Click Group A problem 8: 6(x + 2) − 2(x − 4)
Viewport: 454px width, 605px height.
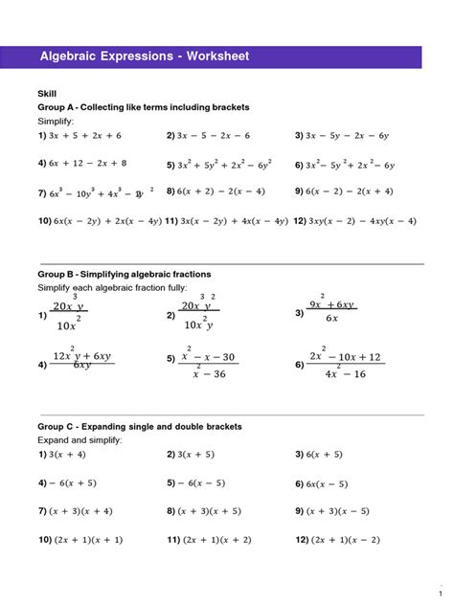click(216, 191)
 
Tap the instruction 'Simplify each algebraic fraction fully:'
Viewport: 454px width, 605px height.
click(105, 288)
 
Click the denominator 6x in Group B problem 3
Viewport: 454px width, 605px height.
click(330, 319)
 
